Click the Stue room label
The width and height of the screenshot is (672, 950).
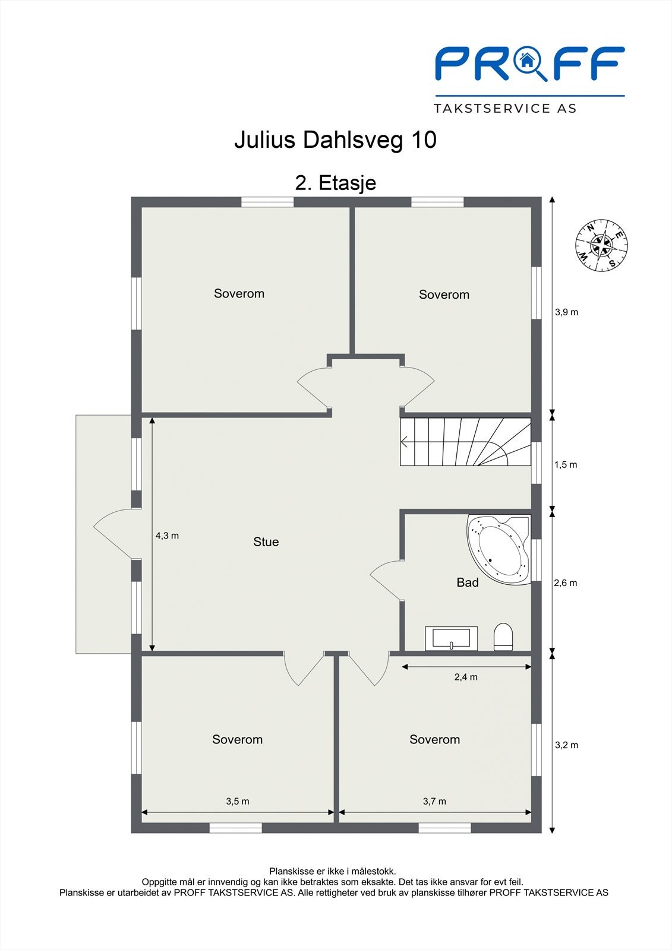coord(266,541)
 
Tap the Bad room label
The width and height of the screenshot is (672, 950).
coord(467,582)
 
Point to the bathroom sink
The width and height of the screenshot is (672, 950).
coord(452,638)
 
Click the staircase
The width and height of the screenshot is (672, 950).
coord(465,442)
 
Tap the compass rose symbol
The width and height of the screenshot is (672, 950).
coord(601,245)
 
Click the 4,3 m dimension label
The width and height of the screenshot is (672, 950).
coord(167,536)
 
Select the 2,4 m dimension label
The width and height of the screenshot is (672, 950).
coord(466,677)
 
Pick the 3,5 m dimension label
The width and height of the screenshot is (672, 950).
coord(237,801)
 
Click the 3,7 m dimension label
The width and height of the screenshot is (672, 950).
coord(434,801)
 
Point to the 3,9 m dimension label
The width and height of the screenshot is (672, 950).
coord(566,312)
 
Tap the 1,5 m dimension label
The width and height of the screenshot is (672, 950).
coord(566,464)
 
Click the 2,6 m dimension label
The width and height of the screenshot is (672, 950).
coord(566,583)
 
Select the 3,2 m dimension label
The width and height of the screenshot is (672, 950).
coord(566,745)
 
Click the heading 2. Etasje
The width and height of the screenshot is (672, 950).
coord(336,182)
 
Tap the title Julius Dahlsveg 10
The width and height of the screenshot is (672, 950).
coord(336,140)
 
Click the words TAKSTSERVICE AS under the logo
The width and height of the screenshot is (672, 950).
coord(505,108)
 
